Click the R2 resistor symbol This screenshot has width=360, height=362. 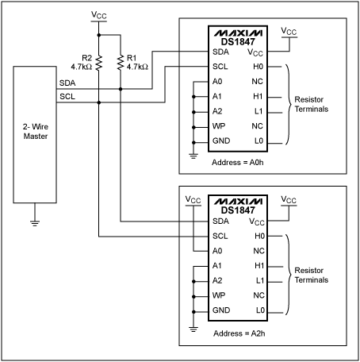click(x=98, y=62)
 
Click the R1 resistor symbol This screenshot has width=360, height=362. click(x=121, y=62)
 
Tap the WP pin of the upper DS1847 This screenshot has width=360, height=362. click(x=219, y=125)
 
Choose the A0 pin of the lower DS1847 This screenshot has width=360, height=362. click(x=218, y=251)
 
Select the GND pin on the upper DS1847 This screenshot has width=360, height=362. click(x=221, y=141)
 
